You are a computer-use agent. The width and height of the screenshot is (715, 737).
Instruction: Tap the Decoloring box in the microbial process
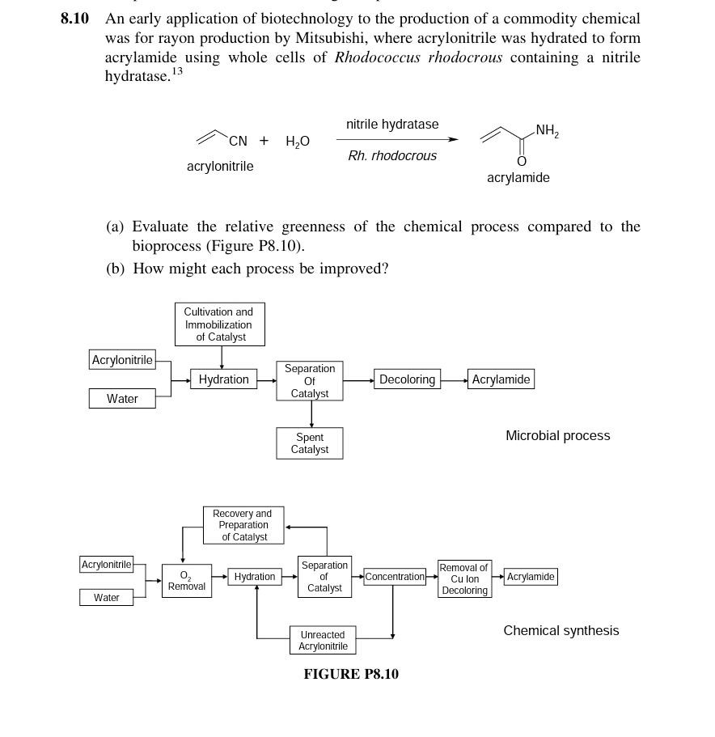pos(407,379)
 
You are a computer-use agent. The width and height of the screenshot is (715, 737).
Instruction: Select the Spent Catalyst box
pos(310,443)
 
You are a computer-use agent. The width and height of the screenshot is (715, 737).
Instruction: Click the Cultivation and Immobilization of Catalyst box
pos(218,324)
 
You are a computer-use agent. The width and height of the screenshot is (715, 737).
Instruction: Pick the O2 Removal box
pos(186,581)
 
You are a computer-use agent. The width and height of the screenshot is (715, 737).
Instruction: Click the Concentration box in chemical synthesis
pos(394,577)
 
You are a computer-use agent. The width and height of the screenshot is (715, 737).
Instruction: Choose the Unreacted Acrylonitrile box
pos(323,641)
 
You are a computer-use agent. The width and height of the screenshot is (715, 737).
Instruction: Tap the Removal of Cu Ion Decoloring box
pos(464,579)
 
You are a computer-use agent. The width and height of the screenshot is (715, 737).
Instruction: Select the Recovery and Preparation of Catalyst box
pos(243,525)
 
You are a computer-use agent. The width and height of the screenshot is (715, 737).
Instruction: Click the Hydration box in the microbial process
pos(223,379)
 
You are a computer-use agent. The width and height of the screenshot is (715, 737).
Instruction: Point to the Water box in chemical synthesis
pos(106,598)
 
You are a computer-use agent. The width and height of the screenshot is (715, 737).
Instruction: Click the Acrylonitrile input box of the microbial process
pos(122,360)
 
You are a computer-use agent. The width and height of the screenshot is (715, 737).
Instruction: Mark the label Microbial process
pos(557,436)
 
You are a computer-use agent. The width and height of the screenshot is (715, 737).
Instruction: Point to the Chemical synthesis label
pos(561,631)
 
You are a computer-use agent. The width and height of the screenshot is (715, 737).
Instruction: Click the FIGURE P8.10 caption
pos(351,674)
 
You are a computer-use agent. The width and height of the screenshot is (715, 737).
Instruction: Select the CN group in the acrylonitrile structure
pos(238,141)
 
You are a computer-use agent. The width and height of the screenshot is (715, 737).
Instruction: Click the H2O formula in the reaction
pos(297,141)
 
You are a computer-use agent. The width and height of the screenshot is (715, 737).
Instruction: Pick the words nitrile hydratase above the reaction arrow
pos(392,125)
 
